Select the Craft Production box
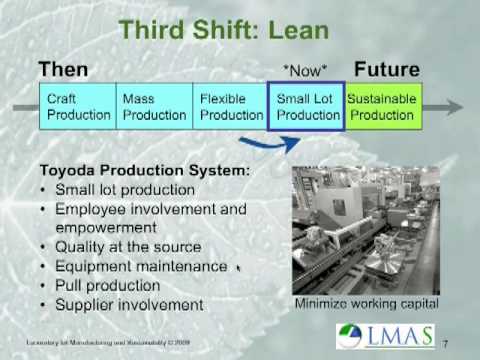tap(78, 107)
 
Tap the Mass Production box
tap(154, 107)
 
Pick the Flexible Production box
tap(231, 107)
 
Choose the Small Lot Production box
tap(307, 107)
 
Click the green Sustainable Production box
tap(383, 107)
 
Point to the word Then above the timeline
tap(63, 70)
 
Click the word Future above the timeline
tap(388, 70)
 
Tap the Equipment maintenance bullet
tap(141, 266)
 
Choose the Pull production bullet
tap(109, 285)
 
